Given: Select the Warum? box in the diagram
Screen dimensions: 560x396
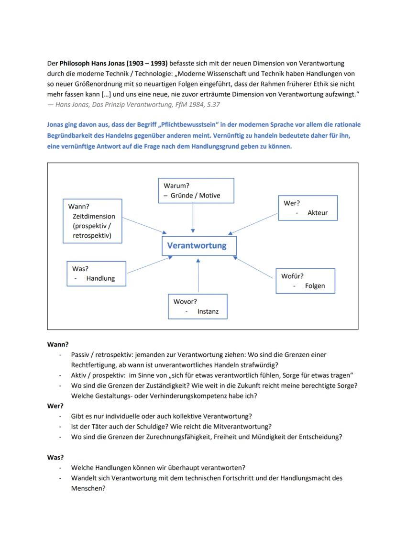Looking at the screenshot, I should [196, 190].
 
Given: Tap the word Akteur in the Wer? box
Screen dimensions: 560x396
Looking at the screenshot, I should [318, 213].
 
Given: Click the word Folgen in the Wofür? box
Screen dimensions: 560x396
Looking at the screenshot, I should [315, 286].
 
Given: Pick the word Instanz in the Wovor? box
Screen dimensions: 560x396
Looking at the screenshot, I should [208, 311].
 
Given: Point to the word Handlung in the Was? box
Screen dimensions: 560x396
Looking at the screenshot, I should [100, 278].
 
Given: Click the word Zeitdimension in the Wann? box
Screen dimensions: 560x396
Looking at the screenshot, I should [94, 216].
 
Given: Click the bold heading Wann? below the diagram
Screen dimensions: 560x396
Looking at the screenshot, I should [57, 344].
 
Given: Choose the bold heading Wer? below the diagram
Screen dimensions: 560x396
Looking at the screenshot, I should [55, 406].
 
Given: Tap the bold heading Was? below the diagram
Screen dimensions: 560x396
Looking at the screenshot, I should [55, 457].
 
